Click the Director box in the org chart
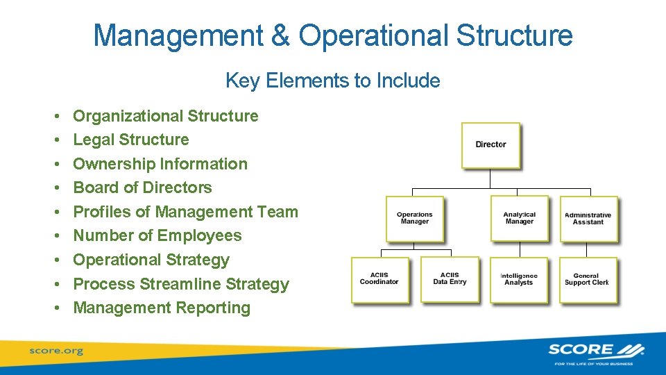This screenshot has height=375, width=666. point(490,144)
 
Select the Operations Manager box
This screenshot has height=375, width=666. point(414,219)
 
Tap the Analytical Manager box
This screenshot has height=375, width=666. point(519,218)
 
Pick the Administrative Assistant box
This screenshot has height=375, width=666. point(588,219)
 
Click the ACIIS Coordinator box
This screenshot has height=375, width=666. point(379,279)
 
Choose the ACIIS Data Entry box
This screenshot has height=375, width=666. point(450,279)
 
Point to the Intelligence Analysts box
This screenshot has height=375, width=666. point(519,280)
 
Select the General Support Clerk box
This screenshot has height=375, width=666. point(588,280)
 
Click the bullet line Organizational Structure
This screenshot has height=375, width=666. point(166,116)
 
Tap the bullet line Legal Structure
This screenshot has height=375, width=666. point(131,140)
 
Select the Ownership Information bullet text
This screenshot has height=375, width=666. point(160,164)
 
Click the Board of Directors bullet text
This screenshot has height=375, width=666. point(142,187)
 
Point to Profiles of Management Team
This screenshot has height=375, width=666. point(185,212)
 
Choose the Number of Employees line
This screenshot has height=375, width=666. point(157,235)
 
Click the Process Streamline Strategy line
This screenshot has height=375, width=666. point(181,284)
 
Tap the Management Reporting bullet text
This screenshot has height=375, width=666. point(162,308)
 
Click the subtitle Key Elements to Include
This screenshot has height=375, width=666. point(332,81)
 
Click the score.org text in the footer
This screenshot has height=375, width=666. point(55,351)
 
